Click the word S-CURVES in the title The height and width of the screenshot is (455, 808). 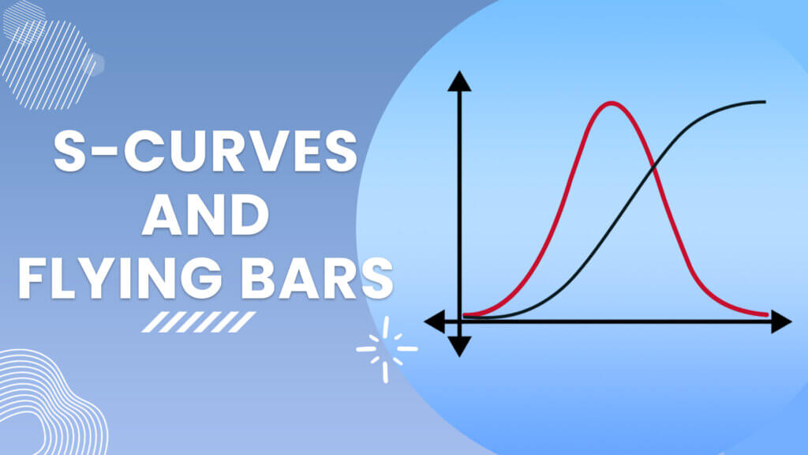click(x=205, y=151)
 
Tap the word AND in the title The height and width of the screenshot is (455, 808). click(x=206, y=215)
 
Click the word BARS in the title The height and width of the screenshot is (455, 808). click(x=317, y=277)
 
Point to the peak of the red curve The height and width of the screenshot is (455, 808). click(x=611, y=103)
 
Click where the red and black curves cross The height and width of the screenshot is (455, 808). click(x=653, y=166)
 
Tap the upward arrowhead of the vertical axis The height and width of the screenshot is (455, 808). click(x=459, y=81)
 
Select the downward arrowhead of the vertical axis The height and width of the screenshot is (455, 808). click(x=459, y=346)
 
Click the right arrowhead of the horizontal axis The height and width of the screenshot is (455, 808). click(x=781, y=322)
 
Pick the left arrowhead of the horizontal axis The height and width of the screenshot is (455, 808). click(x=434, y=322)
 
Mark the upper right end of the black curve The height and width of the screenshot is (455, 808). click(x=765, y=102)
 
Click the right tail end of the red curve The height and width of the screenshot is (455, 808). click(x=767, y=314)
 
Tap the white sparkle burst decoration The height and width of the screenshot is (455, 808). click(x=387, y=349)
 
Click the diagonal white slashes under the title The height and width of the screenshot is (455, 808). click(x=199, y=322)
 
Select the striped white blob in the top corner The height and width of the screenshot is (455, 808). click(x=49, y=56)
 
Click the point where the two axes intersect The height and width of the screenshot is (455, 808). click(x=459, y=322)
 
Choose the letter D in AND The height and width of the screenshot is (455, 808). click(x=250, y=215)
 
